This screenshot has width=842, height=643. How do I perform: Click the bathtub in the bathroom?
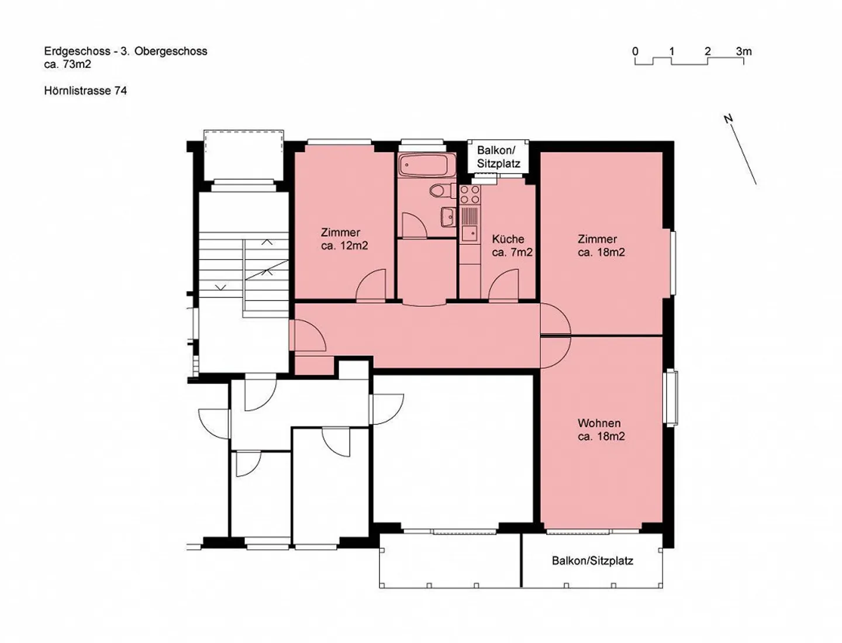[x=423, y=165]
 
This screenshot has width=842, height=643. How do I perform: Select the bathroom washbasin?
[x=448, y=216]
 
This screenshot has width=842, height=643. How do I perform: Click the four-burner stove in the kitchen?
[x=470, y=195]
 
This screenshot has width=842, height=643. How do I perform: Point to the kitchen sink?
[x=469, y=233]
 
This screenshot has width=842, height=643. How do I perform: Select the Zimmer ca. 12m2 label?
[x=344, y=239]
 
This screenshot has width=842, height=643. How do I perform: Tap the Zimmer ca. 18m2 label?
[x=601, y=246]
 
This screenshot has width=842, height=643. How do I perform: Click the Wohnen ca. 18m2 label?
[x=601, y=430]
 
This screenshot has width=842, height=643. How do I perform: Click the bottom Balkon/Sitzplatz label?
[x=592, y=561]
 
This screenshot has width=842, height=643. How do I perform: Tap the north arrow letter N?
[x=729, y=119]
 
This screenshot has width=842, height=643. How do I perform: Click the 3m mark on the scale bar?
[x=743, y=51]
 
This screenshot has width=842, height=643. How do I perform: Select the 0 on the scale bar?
[x=636, y=51]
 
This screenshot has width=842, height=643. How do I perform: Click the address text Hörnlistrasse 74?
[x=85, y=91]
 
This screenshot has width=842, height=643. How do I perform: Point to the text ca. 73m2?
[x=67, y=64]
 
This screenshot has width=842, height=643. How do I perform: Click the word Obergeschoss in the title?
[x=171, y=51]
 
